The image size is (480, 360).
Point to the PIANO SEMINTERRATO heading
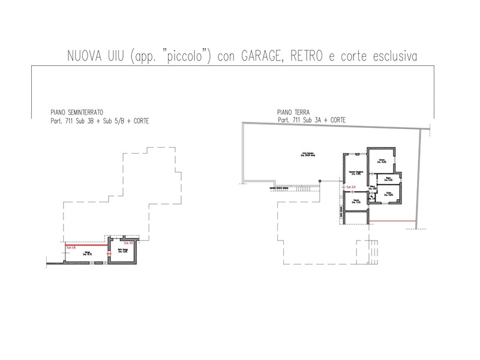(77, 112)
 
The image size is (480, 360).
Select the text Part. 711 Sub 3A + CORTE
(312, 120)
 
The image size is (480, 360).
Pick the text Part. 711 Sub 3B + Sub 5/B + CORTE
(100, 120)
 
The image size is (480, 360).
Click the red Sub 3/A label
(352, 187)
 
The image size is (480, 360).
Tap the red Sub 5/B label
(127, 243)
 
